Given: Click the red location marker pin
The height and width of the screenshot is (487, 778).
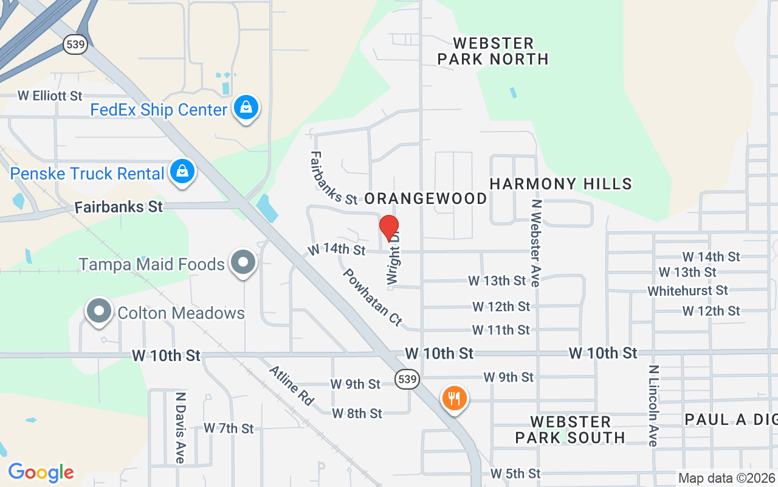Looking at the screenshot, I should point(389,228).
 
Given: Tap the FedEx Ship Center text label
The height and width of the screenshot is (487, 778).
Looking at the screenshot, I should point(159,110).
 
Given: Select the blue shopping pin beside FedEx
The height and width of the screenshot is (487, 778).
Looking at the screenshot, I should point(246,108).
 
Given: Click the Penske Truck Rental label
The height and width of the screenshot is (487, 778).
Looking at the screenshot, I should point(87,173).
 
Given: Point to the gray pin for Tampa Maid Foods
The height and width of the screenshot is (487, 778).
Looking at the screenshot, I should point(244,262).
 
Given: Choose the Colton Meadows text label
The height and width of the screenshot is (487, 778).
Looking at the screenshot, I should point(181,313).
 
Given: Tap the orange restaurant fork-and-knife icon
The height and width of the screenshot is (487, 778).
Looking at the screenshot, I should point(453,398).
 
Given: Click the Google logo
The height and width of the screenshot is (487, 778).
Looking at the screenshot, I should point(41,472).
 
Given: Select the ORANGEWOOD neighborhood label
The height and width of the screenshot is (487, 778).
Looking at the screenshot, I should point(425,198).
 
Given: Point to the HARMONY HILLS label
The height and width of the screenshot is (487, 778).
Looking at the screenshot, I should point(560,184).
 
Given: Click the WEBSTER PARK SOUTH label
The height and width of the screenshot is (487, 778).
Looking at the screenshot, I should point(570,430).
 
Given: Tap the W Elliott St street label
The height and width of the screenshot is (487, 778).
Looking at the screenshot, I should point(50,96).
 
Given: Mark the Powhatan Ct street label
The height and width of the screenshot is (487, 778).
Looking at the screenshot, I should point(373,297).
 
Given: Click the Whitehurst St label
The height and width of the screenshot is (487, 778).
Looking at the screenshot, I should point(687,291).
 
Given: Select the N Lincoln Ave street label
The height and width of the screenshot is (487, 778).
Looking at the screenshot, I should point(653,405).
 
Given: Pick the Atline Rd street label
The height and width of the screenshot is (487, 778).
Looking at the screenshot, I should point(292,385).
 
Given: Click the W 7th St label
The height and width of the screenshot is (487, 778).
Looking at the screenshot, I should point(229,429).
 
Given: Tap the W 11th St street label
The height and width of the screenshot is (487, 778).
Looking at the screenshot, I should point(501,330).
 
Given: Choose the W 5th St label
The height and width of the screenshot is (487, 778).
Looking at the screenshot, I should point(515,474).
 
